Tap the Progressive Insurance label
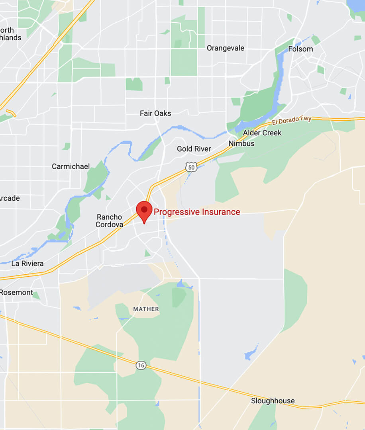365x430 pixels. coord(197,212)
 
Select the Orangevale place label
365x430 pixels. coord(225,48)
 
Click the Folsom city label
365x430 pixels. coord(300,49)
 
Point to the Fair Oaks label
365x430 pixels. coord(155,113)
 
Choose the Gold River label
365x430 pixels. coord(194,149)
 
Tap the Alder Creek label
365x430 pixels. coord(262,133)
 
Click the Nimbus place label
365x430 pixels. coord(241,143)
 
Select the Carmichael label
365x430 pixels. coord(71,166)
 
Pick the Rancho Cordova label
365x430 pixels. coord(109,221)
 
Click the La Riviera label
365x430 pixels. coord(27,264)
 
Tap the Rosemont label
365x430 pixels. coord(16,292)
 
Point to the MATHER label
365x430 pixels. coord(146,309)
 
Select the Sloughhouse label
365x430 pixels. coord(273,401)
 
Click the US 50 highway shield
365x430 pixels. coord(191,167)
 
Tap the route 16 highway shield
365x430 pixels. coord(140,365)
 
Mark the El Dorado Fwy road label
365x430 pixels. coord(292,121)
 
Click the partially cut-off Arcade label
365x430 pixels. coord(9,198)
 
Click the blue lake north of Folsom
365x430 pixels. coord(355,6)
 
